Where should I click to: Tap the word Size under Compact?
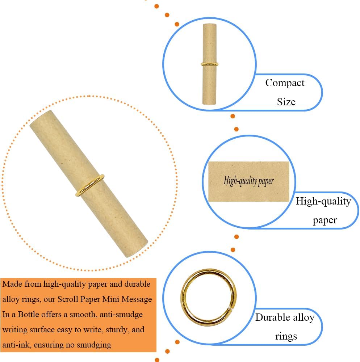click(286, 102)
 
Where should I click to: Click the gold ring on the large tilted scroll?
click(90, 185)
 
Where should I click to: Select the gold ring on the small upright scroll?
click(209, 64)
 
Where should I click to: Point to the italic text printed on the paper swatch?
click(249, 181)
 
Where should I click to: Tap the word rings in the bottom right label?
click(286, 337)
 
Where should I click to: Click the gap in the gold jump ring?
click(230, 308)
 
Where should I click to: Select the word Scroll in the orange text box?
click(68, 299)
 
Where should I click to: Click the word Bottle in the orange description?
click(40, 315)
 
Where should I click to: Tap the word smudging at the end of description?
click(94, 345)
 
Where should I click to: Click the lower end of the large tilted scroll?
click(136, 249)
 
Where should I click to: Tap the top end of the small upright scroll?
click(210, 25)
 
